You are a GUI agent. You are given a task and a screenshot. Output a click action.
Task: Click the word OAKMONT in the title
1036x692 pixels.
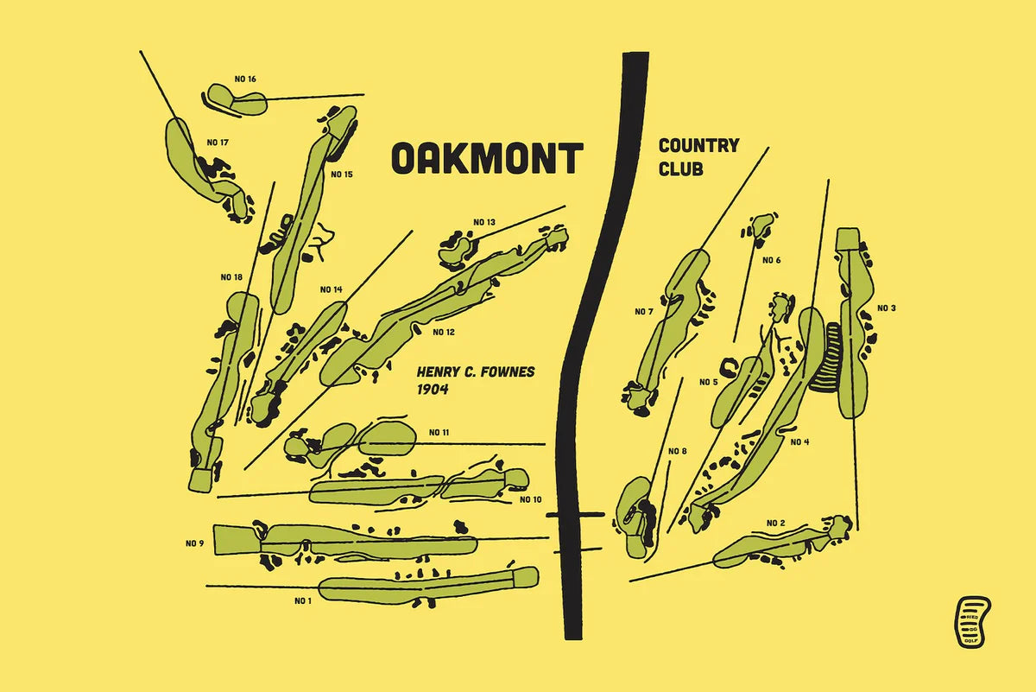[488, 159]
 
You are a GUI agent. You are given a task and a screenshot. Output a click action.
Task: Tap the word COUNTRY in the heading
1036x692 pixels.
[698, 145]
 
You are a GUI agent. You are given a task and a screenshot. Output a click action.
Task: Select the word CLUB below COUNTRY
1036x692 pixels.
[680, 168]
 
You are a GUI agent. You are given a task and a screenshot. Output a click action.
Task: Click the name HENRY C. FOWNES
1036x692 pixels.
[476, 372]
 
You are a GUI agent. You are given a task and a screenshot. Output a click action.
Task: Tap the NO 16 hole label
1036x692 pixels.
[245, 79]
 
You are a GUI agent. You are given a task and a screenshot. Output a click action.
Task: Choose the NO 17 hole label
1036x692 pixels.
[218, 143]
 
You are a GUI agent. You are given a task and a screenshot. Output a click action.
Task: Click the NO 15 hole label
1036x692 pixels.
[342, 175]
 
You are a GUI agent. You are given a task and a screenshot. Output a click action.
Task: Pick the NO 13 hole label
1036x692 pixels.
[484, 223]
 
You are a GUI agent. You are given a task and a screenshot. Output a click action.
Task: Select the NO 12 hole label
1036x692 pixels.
[444, 332]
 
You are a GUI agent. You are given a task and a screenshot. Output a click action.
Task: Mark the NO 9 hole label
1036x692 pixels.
[194, 543]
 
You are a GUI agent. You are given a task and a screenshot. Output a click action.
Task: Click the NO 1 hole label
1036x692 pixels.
[302, 600]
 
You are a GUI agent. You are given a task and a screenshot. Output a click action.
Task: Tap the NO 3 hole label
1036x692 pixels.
[887, 308]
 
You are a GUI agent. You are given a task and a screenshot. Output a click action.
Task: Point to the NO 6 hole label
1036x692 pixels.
[771, 261]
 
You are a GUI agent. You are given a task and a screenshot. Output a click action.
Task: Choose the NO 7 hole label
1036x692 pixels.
[644, 312]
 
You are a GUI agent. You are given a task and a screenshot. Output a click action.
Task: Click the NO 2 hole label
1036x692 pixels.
[775, 523]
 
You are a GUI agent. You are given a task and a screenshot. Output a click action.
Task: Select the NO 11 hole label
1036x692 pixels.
[439, 432]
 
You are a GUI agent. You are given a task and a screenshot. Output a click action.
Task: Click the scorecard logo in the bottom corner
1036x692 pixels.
[971, 620]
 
